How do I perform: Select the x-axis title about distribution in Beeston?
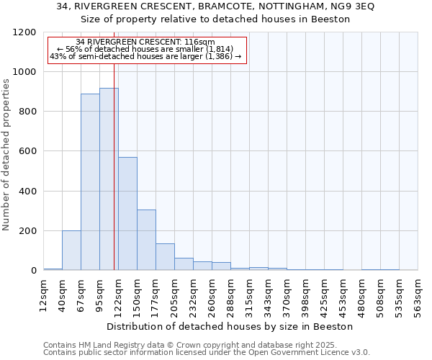pos(229,326)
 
